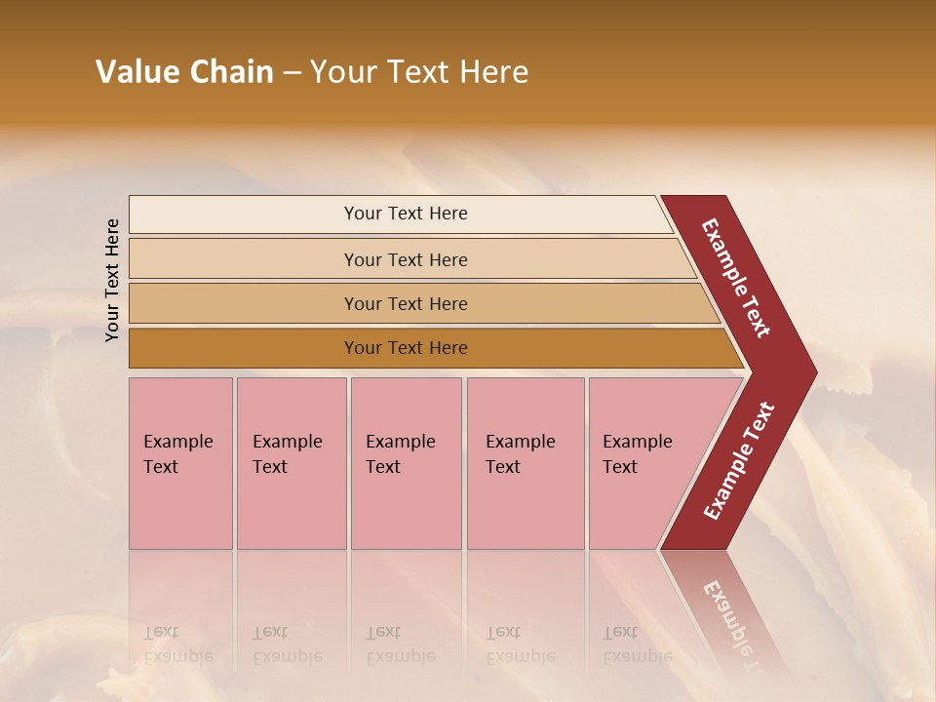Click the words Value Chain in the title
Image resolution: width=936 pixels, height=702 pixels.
pyautogui.click(x=184, y=72)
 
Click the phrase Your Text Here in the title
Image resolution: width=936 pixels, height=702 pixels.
pyautogui.click(x=419, y=72)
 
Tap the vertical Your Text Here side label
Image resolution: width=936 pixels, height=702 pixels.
pyautogui.click(x=112, y=280)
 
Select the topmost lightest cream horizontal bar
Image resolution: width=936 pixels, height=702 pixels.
pyautogui.click(x=244, y=214)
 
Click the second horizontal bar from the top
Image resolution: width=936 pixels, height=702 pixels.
pyautogui.click(x=244, y=259)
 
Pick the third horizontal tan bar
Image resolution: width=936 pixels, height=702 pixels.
pyautogui.click(x=244, y=303)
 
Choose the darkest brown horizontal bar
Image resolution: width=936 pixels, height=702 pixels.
pyautogui.click(x=244, y=348)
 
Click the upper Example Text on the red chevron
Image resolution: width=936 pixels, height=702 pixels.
pyautogui.click(x=736, y=278)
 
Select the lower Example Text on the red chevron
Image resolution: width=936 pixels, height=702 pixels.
pyautogui.click(x=739, y=460)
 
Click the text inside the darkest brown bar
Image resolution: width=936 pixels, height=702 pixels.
pyautogui.click(x=406, y=348)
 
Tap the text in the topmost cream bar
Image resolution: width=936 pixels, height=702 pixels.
pyautogui.click(x=406, y=214)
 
